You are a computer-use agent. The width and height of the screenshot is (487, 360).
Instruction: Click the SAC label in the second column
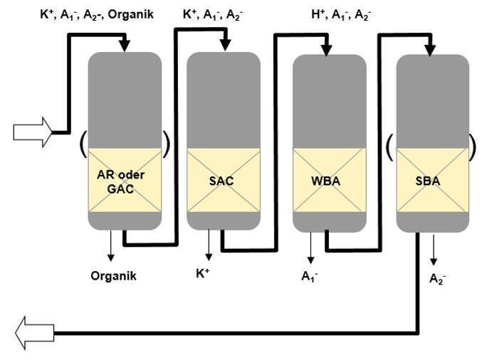(x=221, y=181)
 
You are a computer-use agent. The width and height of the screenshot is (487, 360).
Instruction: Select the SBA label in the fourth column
(x=428, y=181)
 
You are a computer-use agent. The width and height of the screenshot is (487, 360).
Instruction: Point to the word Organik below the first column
(x=114, y=276)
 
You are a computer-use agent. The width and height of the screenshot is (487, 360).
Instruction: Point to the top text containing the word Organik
(x=96, y=14)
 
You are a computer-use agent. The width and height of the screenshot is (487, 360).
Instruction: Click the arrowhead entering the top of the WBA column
(x=327, y=48)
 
